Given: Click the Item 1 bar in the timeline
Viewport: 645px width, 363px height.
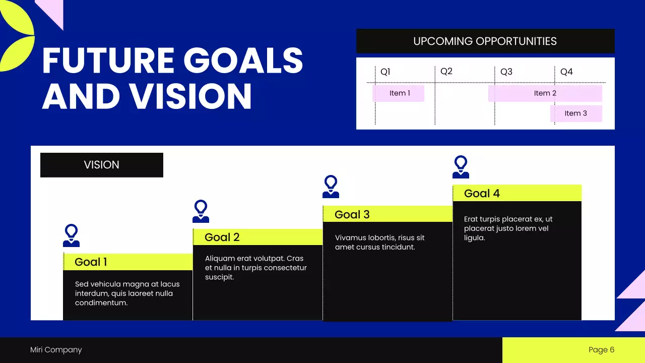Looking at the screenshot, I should click(399, 93).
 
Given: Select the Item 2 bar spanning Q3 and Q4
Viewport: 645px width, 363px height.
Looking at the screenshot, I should click(545, 93).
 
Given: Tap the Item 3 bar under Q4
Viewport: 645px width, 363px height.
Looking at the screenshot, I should click(576, 113).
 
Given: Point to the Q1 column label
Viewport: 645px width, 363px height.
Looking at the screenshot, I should click(385, 72).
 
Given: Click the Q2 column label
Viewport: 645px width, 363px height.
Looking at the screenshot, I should click(446, 72).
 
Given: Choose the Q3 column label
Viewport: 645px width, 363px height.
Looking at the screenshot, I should click(506, 72).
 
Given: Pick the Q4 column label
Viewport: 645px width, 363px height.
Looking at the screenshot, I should click(567, 72).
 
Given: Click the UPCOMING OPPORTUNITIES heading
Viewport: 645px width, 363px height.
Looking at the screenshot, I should click(485, 41).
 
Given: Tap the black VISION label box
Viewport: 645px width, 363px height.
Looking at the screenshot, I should click(102, 165).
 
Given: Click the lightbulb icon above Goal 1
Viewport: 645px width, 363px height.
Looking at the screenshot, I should click(71, 235).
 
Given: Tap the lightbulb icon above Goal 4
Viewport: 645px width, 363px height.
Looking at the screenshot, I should click(461, 167).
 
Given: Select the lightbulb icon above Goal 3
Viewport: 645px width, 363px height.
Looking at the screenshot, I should click(331, 187).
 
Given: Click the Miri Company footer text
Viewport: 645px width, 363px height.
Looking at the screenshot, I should click(56, 350).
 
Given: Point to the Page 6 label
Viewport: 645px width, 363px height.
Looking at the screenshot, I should click(602, 350).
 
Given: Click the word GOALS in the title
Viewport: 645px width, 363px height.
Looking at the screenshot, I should click(243, 60).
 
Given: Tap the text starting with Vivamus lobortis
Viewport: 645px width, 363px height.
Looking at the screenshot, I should click(380, 243).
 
